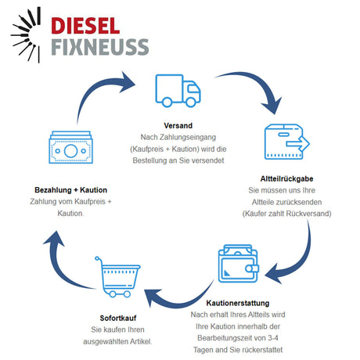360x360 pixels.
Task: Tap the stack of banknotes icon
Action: click(71, 149)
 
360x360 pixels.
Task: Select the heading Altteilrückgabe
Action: click(286, 178)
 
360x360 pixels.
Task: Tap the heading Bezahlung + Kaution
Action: click(71, 190)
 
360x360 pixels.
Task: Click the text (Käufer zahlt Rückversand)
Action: click(286, 213)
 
